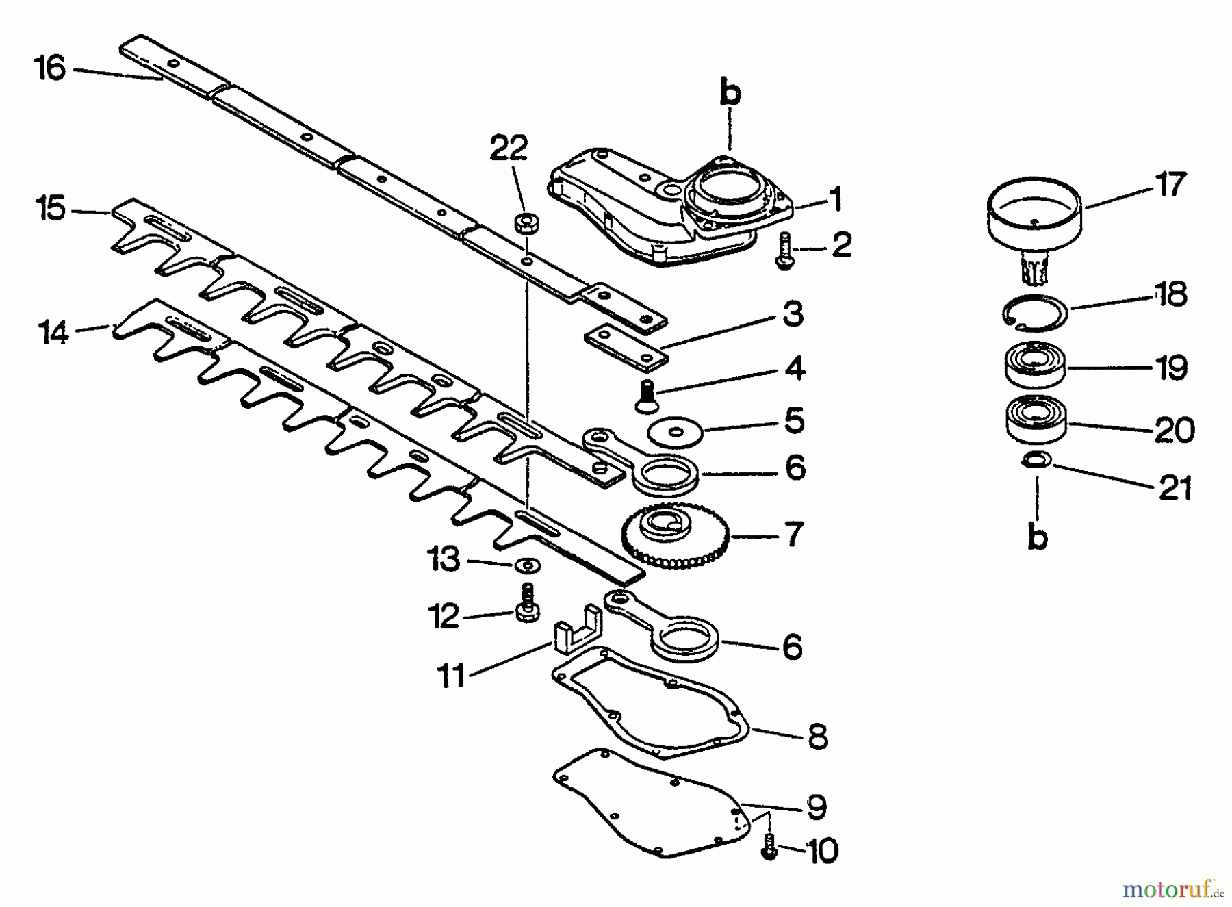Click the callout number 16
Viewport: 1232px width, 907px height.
51,68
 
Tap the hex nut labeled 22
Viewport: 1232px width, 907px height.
524,224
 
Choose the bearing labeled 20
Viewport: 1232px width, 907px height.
1036,419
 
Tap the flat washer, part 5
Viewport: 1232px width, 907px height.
676,431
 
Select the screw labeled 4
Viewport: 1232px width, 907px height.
643,396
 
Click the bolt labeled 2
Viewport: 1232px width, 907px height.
782,251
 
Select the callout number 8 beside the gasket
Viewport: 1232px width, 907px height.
817,736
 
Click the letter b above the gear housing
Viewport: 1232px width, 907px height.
730,94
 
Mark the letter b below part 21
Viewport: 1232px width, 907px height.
1038,537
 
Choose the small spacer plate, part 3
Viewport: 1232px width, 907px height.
626,347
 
